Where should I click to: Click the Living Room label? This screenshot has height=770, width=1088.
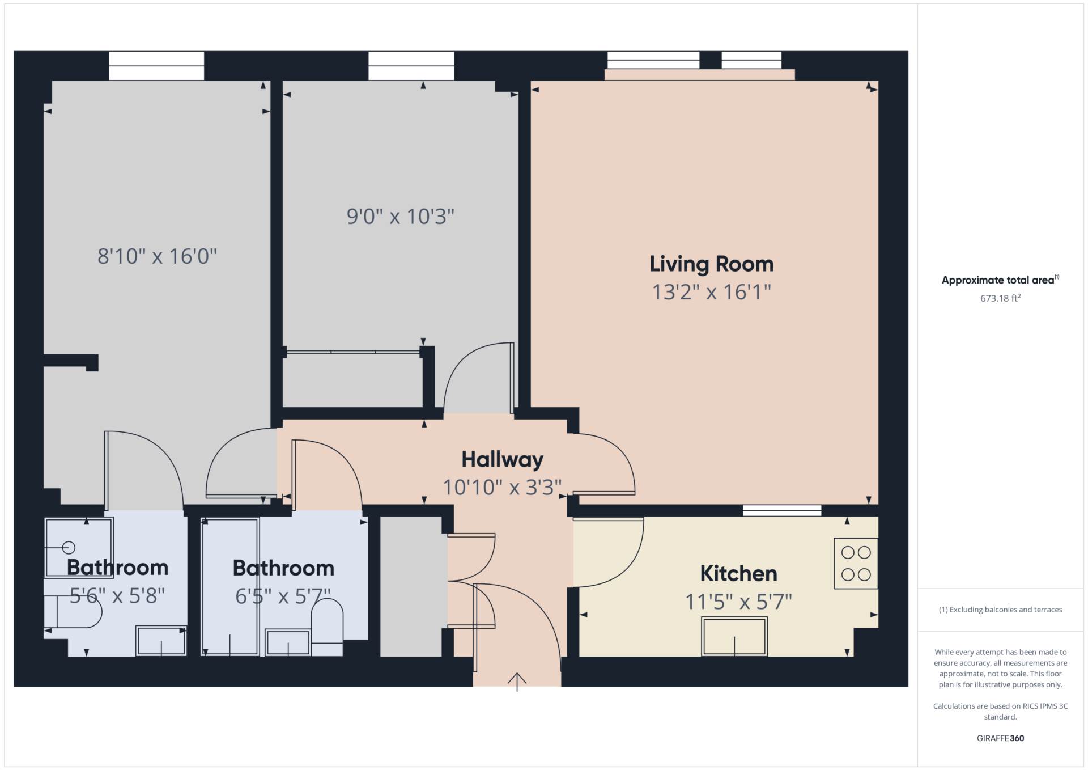711,264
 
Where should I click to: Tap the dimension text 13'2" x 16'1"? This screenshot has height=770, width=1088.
711,293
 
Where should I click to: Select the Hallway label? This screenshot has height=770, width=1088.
502,459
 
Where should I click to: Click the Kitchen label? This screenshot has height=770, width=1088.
738,573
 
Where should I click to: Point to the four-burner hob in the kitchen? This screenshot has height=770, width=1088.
856,563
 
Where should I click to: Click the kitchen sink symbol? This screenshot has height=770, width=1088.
734,637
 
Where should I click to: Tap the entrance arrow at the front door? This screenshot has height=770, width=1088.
517,681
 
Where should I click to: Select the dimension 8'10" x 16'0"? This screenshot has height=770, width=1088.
157,256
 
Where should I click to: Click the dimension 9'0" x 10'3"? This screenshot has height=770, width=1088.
401,217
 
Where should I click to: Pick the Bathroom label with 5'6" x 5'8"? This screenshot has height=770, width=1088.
117,568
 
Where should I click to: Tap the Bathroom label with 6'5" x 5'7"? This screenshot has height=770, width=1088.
283,568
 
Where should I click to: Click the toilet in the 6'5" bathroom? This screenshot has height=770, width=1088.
327,627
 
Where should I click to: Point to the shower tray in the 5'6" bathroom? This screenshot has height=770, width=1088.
79,547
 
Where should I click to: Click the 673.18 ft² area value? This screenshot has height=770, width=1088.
1000,298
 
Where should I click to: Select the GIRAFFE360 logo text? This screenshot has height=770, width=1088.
1000,738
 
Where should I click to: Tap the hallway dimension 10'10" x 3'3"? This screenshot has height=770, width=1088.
502,488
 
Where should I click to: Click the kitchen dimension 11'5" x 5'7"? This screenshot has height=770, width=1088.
738,602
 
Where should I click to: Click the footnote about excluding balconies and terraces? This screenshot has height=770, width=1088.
1000,610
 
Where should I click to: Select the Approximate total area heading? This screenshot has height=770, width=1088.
998,280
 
